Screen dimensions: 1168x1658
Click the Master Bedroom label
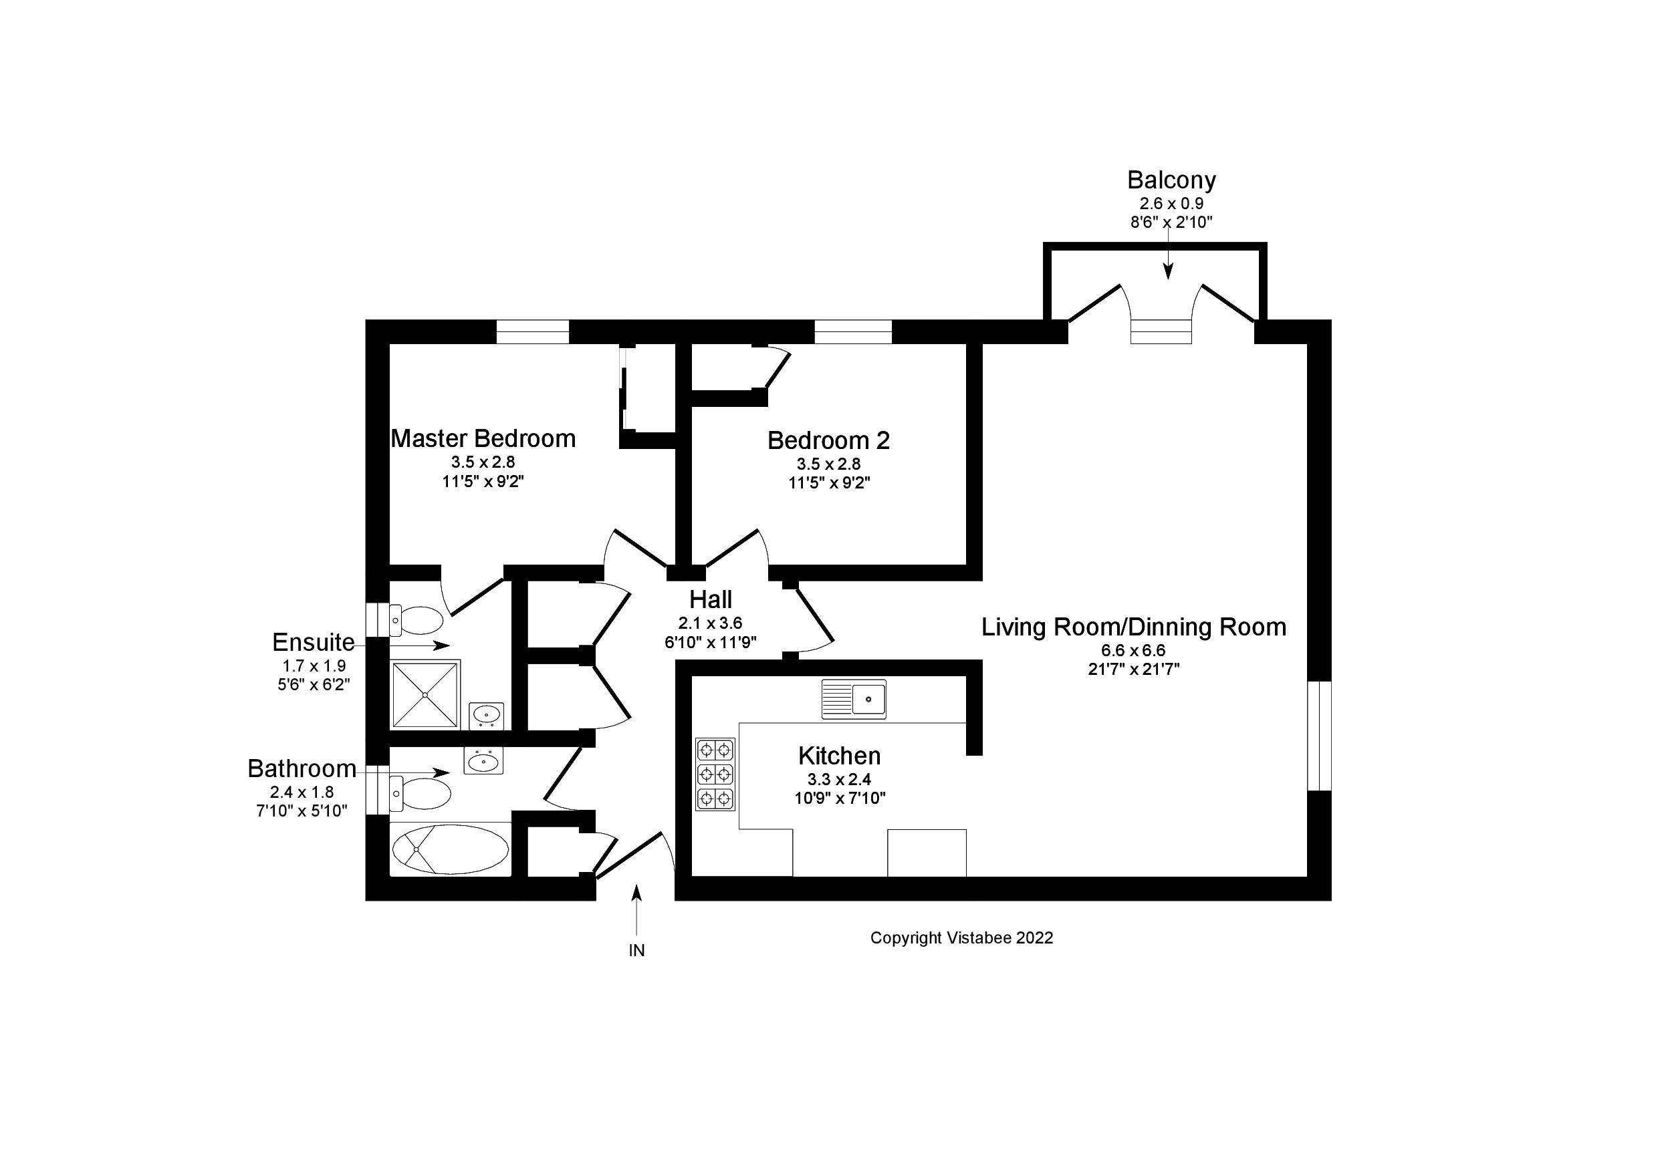[483, 439]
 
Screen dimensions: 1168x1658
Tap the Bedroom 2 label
[828, 440]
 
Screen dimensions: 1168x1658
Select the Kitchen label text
[839, 756]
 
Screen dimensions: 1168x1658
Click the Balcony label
[1171, 180]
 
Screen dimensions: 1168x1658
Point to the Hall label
[710, 600]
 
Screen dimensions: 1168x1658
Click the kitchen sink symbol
[854, 699]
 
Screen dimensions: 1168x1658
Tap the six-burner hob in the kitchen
[715, 774]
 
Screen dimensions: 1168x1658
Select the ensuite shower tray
[425, 694]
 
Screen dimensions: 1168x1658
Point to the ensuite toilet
[417, 619]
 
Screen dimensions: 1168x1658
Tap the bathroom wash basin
[483, 761]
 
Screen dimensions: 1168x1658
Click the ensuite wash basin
[486, 715]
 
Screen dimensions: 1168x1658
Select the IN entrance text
[636, 951]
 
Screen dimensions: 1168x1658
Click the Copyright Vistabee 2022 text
[961, 937]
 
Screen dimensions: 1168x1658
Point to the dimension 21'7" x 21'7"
[1133, 669]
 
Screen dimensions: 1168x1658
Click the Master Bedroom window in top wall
[533, 331]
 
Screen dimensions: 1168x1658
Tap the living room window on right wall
[1319, 736]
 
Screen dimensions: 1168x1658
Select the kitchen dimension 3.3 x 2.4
[839, 780]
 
